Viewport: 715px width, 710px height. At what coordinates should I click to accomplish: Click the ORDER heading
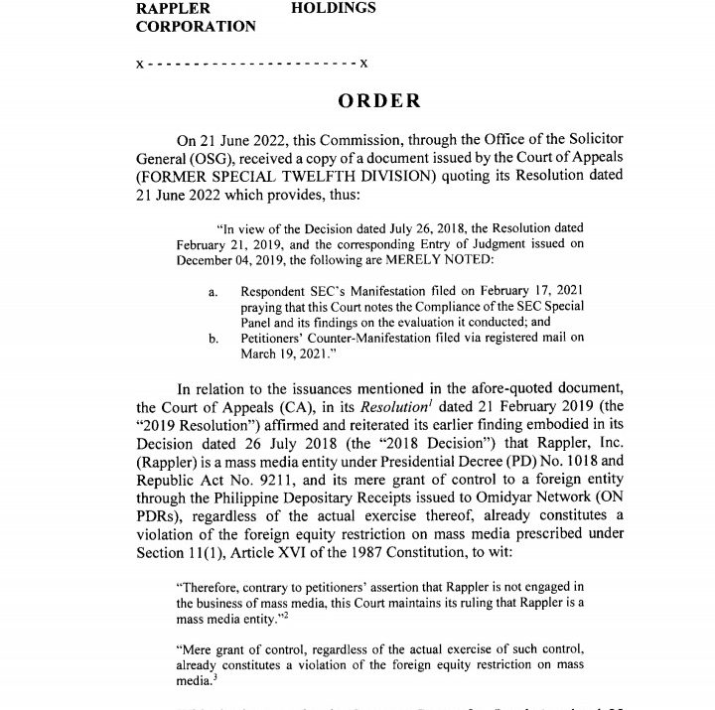coord(379,101)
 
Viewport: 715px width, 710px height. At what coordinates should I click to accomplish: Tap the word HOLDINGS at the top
coord(334,8)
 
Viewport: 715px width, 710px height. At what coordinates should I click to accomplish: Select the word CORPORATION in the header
coord(196,27)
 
